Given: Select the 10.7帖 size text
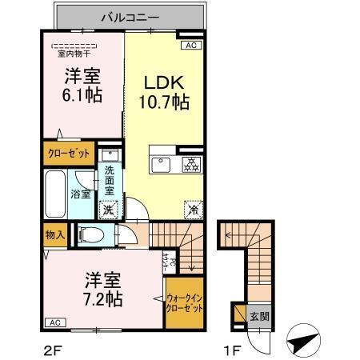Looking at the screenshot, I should coord(166,103).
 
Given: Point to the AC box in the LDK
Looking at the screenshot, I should coord(190,46).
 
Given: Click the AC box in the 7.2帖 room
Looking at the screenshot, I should coord(54,322).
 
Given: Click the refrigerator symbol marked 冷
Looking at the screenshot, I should coord(192,208).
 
